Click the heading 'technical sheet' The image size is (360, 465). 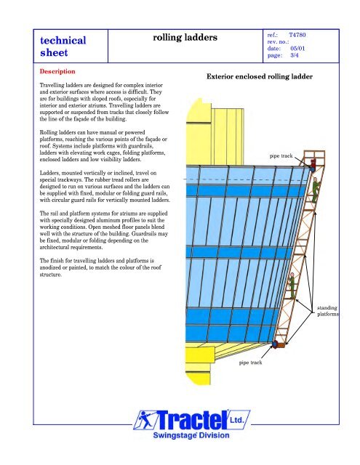(x=63, y=46)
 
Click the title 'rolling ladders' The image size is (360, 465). (x=185, y=37)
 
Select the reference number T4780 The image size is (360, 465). (x=297, y=35)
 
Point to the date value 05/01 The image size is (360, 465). (x=297, y=49)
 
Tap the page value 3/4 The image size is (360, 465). (x=295, y=55)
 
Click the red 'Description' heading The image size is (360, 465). (x=57, y=71)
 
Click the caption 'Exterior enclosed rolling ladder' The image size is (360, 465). (x=260, y=76)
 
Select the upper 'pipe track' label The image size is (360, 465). (x=281, y=156)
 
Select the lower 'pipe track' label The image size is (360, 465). (x=250, y=363)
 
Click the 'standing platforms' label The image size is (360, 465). (x=328, y=311)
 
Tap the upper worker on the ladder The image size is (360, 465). (x=315, y=190)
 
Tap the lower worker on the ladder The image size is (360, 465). (x=292, y=286)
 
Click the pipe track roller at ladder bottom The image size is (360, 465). (x=275, y=344)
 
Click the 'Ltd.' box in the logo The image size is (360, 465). (x=237, y=420)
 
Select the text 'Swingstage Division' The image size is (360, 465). (x=191, y=435)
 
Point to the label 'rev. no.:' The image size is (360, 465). (x=278, y=42)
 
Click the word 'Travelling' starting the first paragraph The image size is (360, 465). (x=52, y=86)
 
